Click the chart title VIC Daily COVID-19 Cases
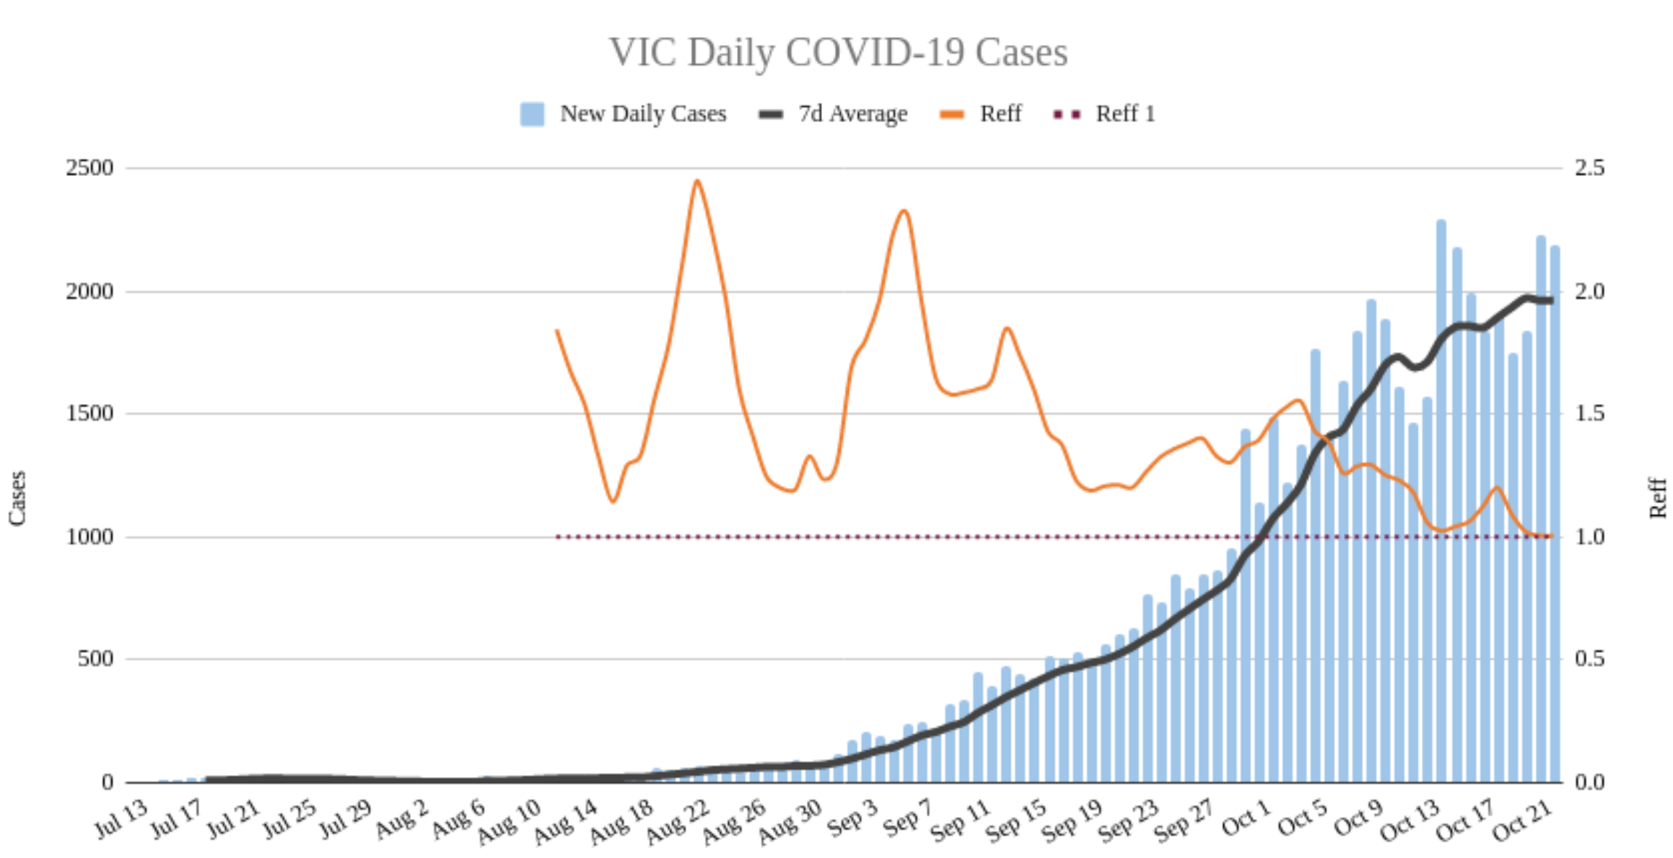[x=838, y=53]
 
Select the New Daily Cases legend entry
[x=624, y=114]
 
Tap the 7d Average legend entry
[x=834, y=114]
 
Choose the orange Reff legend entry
[x=982, y=114]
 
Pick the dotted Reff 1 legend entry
[x=1105, y=114]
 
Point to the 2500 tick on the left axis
[x=89, y=168]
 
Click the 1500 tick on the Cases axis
[x=89, y=413]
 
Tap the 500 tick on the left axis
[x=95, y=659]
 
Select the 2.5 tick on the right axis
[x=1589, y=168]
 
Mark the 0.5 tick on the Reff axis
[x=1589, y=659]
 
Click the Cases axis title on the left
[x=17, y=498]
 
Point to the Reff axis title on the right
[x=1658, y=498]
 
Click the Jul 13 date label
[x=121, y=819]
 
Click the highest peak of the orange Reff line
[x=696, y=181]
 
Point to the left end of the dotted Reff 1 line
[x=558, y=537]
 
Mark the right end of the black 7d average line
[x=1551, y=300]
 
